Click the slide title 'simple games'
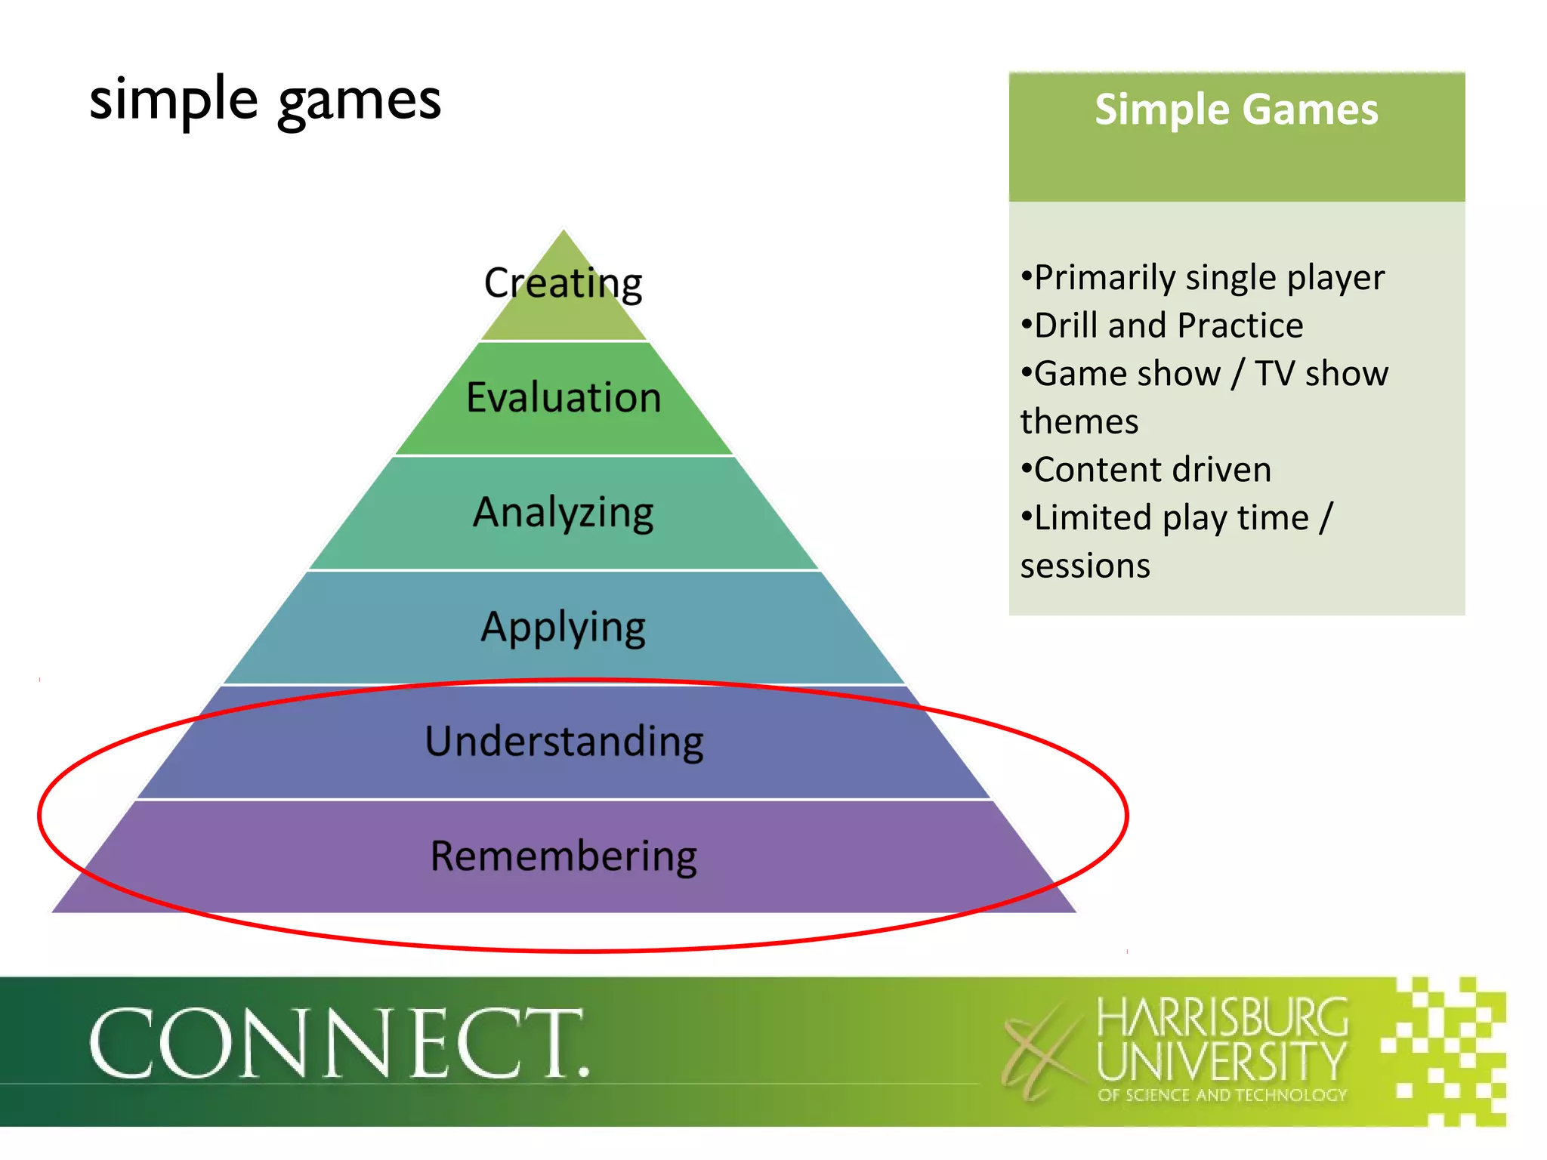(x=264, y=100)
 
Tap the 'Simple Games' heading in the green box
(x=1237, y=110)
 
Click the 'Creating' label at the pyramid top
(x=563, y=283)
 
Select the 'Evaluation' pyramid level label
(x=564, y=397)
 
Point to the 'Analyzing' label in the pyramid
(x=564, y=513)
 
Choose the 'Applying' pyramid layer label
(x=564, y=628)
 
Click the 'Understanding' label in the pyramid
(x=564, y=742)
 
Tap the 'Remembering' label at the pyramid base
(x=564, y=856)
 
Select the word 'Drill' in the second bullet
(x=1066, y=325)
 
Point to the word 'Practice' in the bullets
(x=1240, y=325)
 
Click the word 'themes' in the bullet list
(x=1079, y=421)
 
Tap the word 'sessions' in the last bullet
(x=1085, y=566)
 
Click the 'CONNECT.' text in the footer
(x=338, y=1044)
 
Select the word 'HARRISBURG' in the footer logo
(x=1221, y=1017)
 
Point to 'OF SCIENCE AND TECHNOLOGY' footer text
(x=1221, y=1095)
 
